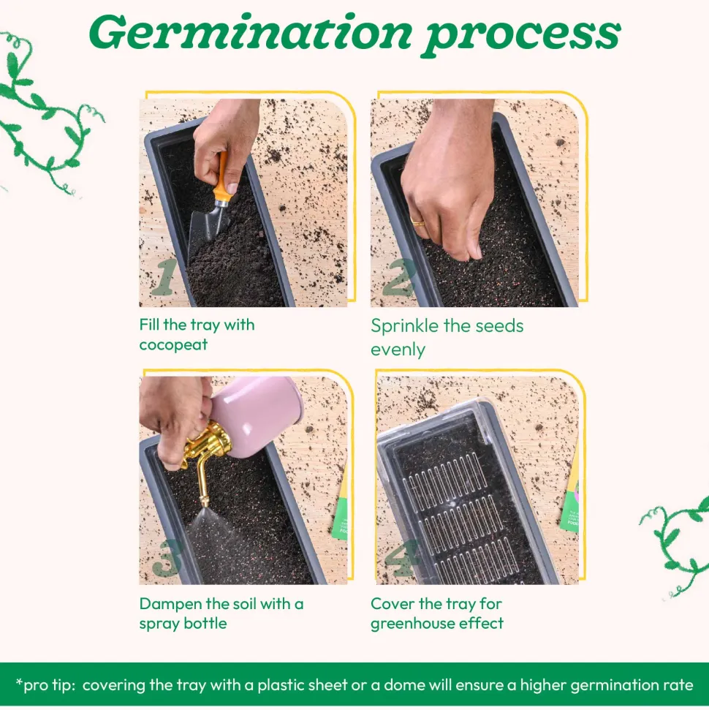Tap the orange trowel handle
pyautogui.click(x=221, y=178)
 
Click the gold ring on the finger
pyautogui.click(x=417, y=222)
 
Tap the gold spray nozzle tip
pyautogui.click(x=204, y=502)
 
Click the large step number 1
pyautogui.click(x=164, y=276)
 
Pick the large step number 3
pyautogui.click(x=167, y=559)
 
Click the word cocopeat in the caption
pyautogui.click(x=173, y=345)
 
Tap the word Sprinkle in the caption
pyautogui.click(x=405, y=326)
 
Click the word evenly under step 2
pyautogui.click(x=398, y=350)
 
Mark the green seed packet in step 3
pyautogui.click(x=340, y=510)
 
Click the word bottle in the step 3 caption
pyautogui.click(x=205, y=624)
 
